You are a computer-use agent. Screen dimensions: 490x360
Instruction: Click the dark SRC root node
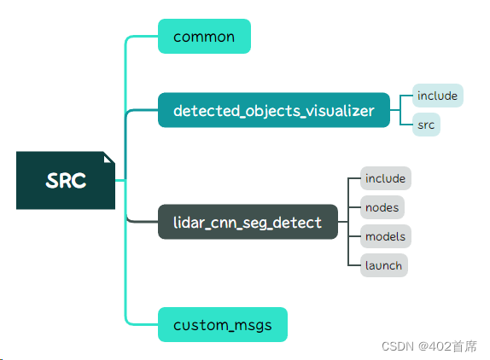pyautogui.click(x=66, y=180)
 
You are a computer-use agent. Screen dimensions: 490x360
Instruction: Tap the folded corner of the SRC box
pyautogui.click(x=108, y=159)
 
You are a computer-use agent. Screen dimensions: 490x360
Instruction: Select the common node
pyautogui.click(x=204, y=36)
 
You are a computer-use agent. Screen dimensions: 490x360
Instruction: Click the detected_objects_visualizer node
pyautogui.click(x=274, y=110)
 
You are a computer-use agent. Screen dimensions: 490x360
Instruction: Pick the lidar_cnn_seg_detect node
pyautogui.click(x=248, y=222)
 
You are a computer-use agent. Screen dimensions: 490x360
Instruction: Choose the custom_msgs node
pyautogui.click(x=223, y=324)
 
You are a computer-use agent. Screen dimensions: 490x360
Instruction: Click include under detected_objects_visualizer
pyautogui.click(x=438, y=96)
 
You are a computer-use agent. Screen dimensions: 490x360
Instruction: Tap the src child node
pyautogui.click(x=426, y=125)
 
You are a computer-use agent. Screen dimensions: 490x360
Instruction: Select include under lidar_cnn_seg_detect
pyautogui.click(x=386, y=178)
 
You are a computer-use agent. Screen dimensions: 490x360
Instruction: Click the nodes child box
pyautogui.click(x=382, y=207)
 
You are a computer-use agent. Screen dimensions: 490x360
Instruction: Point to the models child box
pyautogui.click(x=386, y=236)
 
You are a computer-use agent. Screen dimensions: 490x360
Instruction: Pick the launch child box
pyautogui.click(x=384, y=265)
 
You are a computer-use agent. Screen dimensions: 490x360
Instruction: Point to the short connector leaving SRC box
pyautogui.click(x=120, y=180)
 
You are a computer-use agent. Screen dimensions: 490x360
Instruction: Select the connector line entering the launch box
pyautogui.click(x=354, y=265)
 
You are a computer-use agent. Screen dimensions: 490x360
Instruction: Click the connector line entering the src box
pyautogui.click(x=406, y=125)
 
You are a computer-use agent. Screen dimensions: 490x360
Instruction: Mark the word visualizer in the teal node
pyautogui.click(x=340, y=111)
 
